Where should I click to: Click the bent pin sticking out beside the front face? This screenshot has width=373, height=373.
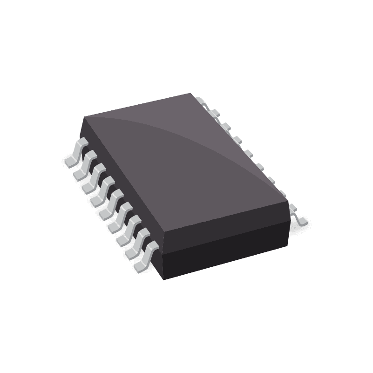(x=298, y=215)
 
